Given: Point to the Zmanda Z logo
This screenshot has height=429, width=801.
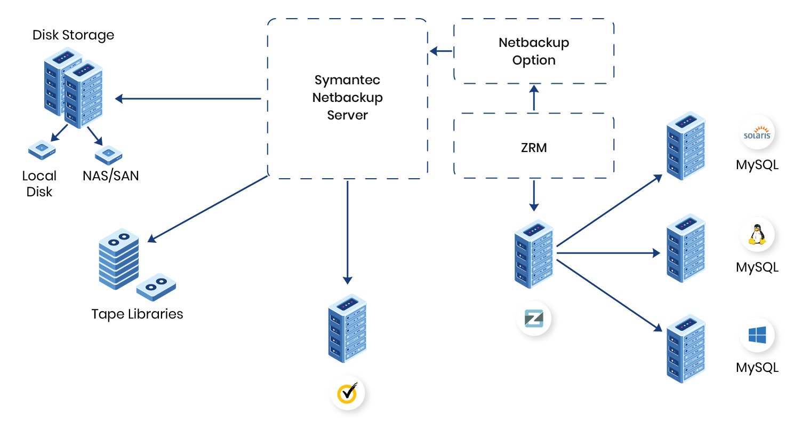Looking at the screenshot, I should (534, 319).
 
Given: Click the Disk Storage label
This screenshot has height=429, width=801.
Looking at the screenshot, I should (74, 35).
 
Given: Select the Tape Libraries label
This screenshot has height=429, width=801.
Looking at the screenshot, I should (137, 314).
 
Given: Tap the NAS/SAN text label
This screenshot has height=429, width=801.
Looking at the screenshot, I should (111, 176).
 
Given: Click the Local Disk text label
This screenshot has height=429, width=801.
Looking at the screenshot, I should (39, 184).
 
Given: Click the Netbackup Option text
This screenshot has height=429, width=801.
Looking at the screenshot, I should (534, 51).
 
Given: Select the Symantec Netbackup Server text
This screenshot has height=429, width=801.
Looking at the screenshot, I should (348, 98).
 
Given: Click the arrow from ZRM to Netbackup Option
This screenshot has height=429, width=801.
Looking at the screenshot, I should (534, 99).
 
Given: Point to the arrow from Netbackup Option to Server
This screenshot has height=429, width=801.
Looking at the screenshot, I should (441, 52).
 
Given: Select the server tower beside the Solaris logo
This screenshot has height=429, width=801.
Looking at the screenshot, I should (686, 146).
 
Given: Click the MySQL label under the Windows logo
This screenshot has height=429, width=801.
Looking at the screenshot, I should (757, 368).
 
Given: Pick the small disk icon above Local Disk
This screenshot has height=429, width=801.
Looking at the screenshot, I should (42, 151).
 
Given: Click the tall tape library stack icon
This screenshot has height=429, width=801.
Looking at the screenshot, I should (118, 258).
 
